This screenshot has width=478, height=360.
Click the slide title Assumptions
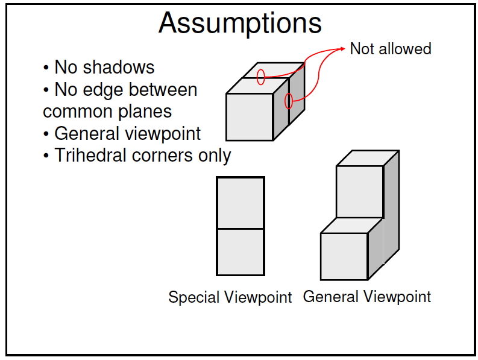tap(241, 24)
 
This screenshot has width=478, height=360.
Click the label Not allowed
tap(391, 49)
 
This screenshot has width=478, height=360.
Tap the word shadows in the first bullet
tap(119, 67)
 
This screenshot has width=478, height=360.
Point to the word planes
tap(145, 112)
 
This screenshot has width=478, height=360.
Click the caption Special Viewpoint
tap(230, 297)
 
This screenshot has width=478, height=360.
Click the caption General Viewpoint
tap(367, 297)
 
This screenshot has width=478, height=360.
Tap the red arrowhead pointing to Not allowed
tap(342, 49)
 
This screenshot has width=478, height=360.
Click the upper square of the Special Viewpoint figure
tap(241, 203)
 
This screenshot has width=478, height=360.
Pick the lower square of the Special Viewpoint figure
tap(241, 252)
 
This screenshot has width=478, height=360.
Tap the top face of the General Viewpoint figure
tap(368, 159)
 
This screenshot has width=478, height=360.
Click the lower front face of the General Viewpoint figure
tap(344, 256)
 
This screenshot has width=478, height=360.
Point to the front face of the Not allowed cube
tap(250, 117)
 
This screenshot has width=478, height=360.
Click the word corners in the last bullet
tap(163, 155)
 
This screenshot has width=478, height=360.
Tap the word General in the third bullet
tap(87, 133)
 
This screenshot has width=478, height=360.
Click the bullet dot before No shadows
tap(46, 68)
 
